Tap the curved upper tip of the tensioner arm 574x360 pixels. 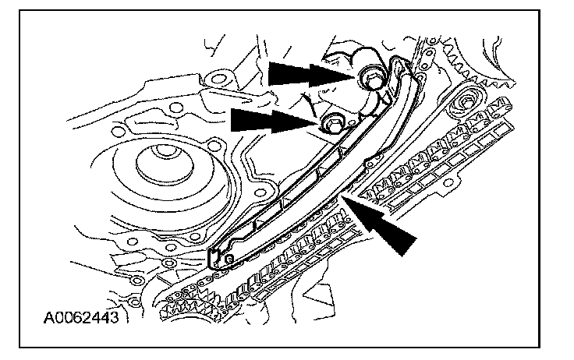tap(401, 65)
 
